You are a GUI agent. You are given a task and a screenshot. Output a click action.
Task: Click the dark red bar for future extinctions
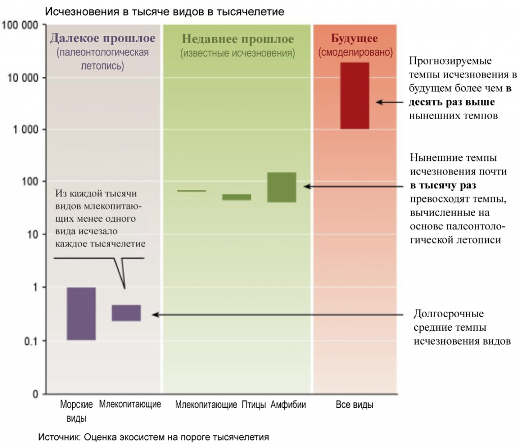click(355, 95)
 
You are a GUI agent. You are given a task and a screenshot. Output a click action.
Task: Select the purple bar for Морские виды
click(81, 314)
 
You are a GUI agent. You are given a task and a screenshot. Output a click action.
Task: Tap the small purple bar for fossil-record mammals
click(126, 313)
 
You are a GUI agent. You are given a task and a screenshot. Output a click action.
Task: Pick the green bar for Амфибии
click(282, 187)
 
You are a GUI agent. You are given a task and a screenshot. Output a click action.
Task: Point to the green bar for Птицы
click(237, 197)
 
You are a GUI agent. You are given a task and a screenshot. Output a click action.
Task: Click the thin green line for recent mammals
click(191, 191)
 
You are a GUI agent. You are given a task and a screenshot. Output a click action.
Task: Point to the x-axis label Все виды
click(355, 405)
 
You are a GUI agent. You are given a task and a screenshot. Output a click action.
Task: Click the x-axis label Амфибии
click(288, 405)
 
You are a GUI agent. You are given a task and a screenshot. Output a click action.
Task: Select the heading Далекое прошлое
click(102, 39)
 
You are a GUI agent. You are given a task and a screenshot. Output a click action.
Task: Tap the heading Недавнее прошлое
click(238, 39)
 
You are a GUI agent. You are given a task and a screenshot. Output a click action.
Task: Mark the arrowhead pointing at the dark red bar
click(378, 102)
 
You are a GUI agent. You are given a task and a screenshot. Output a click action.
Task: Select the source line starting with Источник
click(153, 436)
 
